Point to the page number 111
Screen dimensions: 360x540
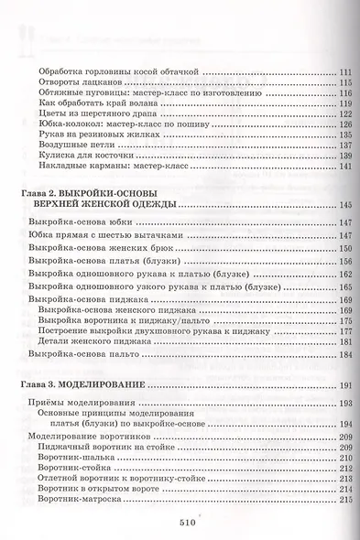click(344, 71)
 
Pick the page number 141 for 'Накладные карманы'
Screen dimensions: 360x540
click(344, 166)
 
